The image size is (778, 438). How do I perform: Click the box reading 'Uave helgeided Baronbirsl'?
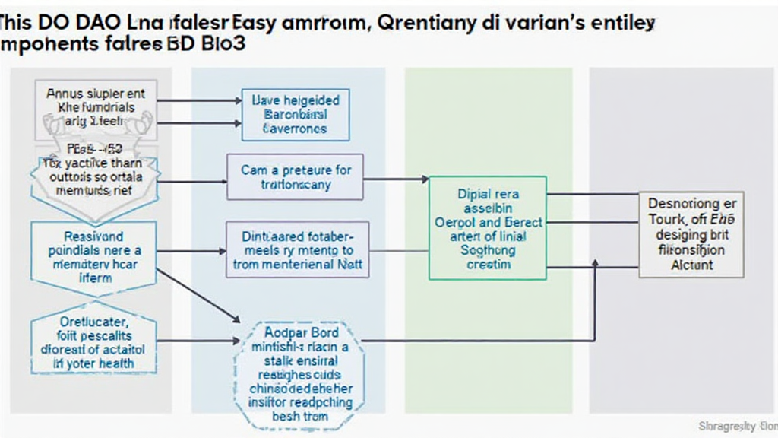pos(296,114)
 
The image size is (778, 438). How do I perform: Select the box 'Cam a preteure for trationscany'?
pos(296,176)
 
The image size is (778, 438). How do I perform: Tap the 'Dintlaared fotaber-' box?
pos(297,249)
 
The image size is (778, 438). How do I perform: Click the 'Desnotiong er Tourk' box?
pos(691,234)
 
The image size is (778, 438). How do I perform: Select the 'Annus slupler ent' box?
pos(95,106)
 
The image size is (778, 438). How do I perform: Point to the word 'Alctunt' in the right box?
pos(691,265)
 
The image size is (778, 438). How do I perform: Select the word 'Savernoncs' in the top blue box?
pos(296,129)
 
